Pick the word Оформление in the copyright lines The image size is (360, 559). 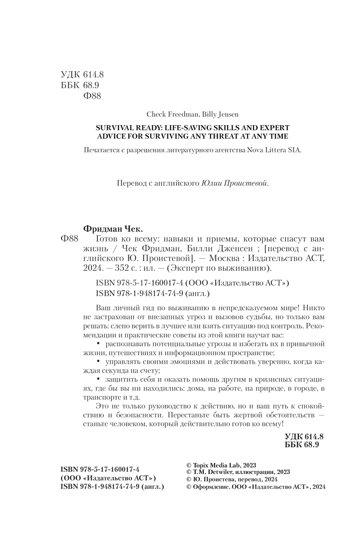click(208, 487)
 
